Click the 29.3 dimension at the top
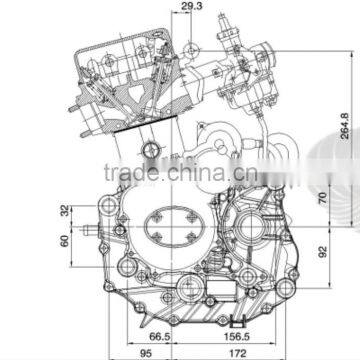coord(190,8)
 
